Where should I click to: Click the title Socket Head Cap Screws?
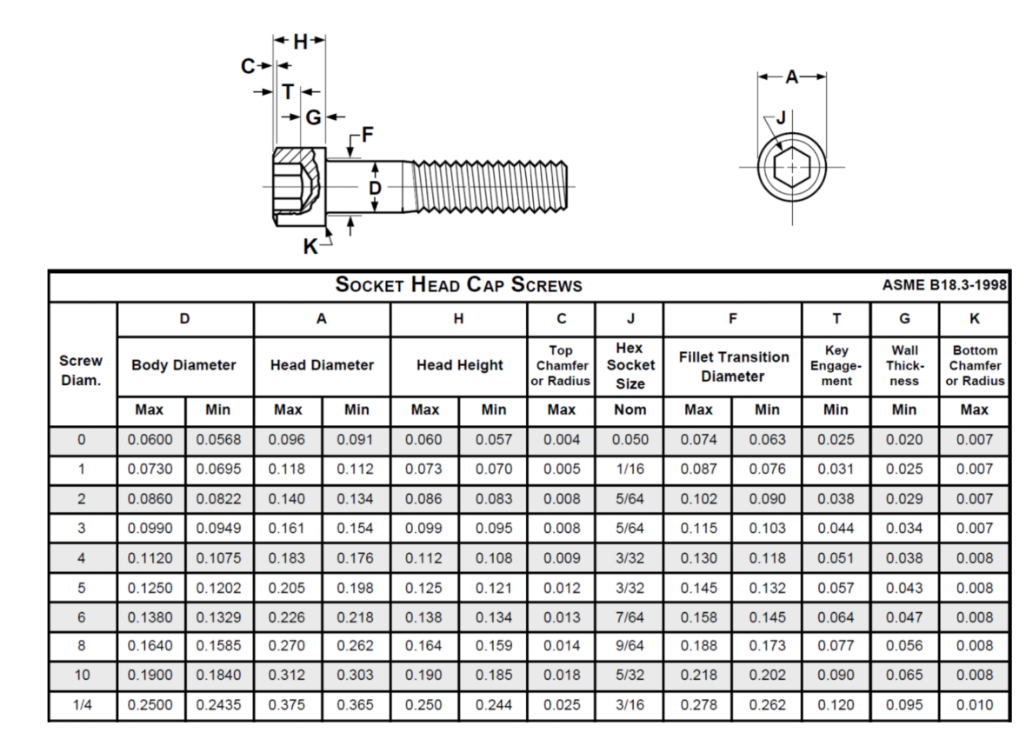click(x=458, y=285)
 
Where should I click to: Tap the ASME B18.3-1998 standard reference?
click(x=944, y=286)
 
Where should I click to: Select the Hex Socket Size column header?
click(x=630, y=365)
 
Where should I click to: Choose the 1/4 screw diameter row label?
click(x=83, y=705)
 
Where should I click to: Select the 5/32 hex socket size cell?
click(x=630, y=676)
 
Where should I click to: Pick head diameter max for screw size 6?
click(x=288, y=616)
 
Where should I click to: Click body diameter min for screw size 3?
click(x=219, y=528)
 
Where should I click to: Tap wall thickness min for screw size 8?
click(x=904, y=646)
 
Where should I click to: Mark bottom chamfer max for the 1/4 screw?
click(x=974, y=705)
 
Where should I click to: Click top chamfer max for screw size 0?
click(x=562, y=439)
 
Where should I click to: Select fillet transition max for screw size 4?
click(x=698, y=557)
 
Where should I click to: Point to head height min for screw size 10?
click(x=493, y=676)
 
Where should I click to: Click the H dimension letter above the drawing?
click(x=300, y=40)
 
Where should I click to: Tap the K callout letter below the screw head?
click(x=310, y=248)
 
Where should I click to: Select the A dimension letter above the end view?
click(x=791, y=77)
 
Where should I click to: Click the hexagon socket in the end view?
click(x=791, y=167)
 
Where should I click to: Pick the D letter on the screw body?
click(x=375, y=188)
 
